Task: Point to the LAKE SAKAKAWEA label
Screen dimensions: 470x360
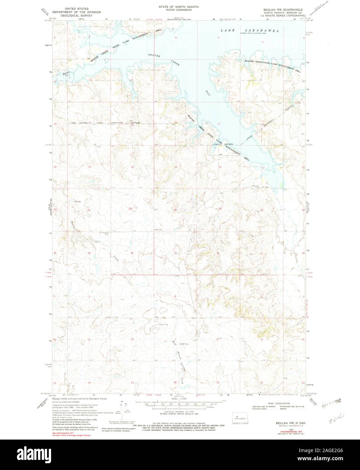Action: [x=250, y=30]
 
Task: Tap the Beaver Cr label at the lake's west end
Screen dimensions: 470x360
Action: [x=66, y=74]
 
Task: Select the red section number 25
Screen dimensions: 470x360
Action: [x=130, y=209]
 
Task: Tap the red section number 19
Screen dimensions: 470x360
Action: [x=175, y=167]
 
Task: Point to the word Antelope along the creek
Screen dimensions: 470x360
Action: [x=181, y=366]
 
